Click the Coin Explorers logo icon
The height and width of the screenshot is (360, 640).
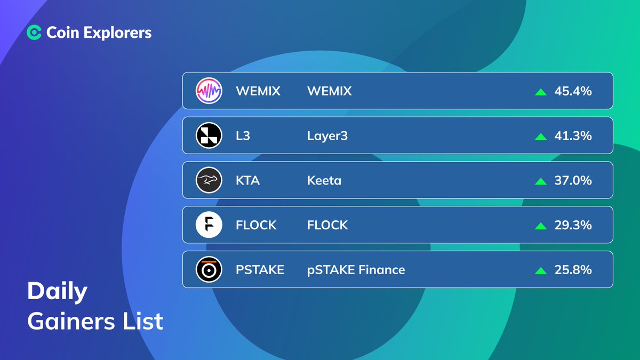point(34,33)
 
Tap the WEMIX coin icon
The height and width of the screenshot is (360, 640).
point(209,91)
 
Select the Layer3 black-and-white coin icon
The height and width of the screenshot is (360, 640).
point(209,136)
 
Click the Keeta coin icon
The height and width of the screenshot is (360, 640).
point(209,181)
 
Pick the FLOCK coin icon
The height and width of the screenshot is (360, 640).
point(209,225)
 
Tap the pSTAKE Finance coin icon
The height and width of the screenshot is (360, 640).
point(209,270)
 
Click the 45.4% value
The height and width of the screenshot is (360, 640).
point(573,91)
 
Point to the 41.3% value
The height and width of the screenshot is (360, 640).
point(573,136)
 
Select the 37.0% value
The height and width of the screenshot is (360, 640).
point(573,181)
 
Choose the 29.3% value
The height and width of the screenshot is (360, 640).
point(573,225)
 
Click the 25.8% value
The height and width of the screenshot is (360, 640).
point(573,270)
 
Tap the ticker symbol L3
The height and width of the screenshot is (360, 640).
point(243,136)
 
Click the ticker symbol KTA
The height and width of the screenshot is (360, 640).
point(247,181)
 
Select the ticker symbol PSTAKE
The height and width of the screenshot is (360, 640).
point(260,270)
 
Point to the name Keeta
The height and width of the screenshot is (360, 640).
point(324,181)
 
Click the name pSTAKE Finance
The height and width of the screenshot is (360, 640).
point(356,270)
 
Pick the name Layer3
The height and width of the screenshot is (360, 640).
point(327,136)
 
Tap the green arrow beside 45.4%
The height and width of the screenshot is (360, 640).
point(541,92)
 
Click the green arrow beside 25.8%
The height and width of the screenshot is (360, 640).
point(541,270)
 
